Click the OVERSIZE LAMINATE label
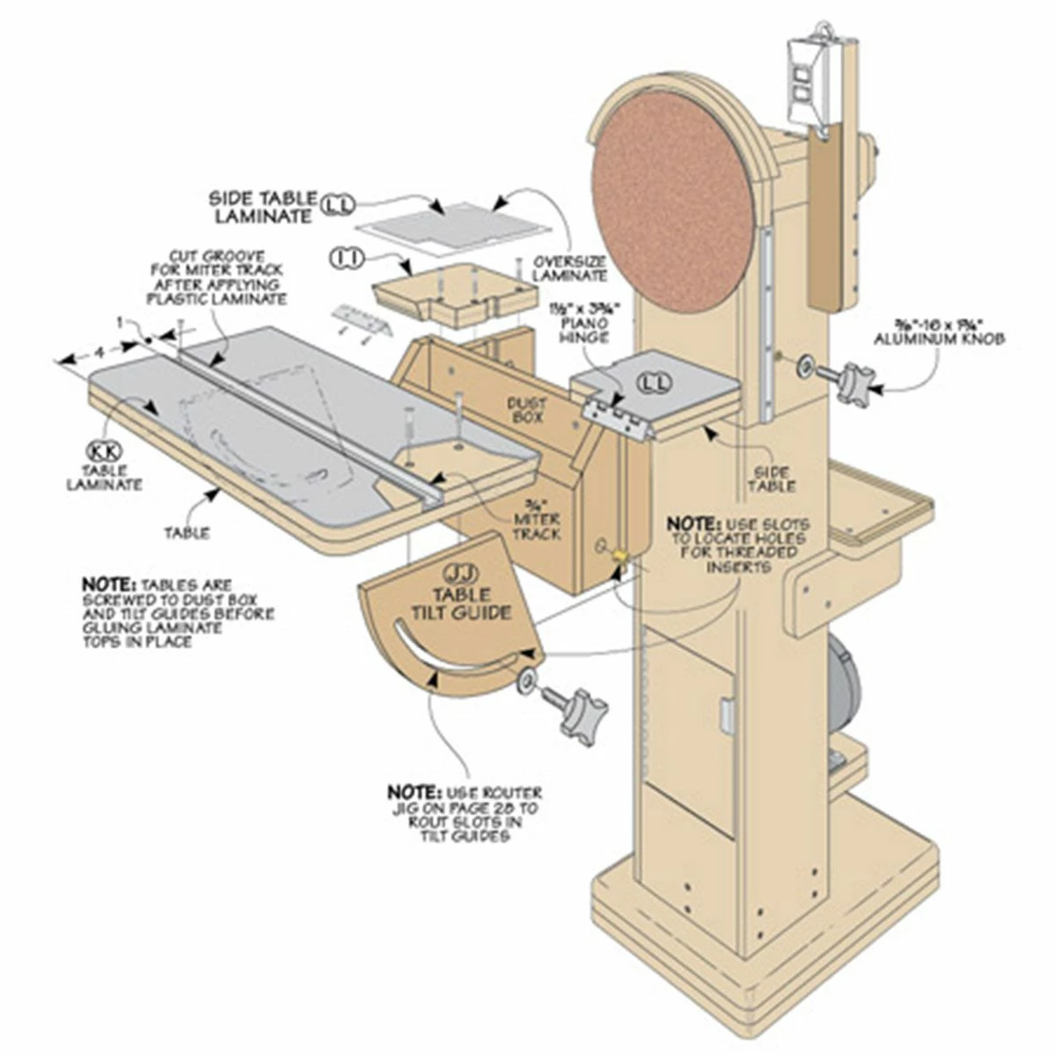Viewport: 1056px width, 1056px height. (x=570, y=268)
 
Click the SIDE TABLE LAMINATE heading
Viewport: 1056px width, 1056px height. (x=260, y=206)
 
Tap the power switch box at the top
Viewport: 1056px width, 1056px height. (x=810, y=84)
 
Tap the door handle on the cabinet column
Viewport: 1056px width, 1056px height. (x=727, y=715)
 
